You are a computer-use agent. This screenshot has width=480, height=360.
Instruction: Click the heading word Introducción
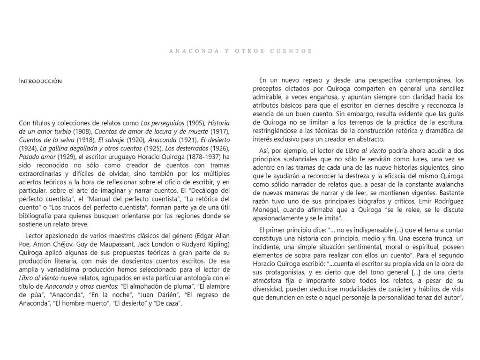point(40,81)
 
